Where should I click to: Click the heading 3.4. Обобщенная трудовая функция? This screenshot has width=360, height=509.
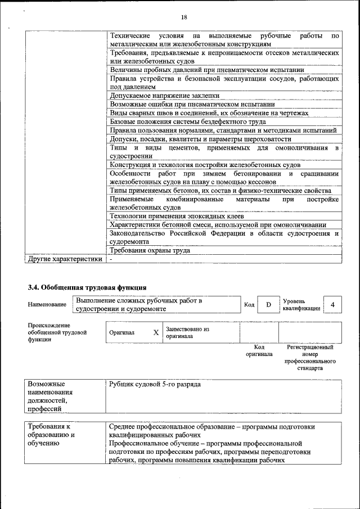(87, 287)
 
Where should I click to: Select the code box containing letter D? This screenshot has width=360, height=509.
(268, 304)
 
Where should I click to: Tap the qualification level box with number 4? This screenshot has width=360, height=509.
(332, 304)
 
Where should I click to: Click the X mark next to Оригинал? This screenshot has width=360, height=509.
(156, 332)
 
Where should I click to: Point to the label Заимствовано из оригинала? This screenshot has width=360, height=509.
(187, 332)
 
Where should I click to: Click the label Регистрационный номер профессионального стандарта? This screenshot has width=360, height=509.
(310, 358)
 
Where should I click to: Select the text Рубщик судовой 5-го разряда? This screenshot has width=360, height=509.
(155, 385)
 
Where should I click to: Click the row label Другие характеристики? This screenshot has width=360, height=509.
(65, 259)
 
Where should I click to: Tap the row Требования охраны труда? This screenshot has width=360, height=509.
(150, 251)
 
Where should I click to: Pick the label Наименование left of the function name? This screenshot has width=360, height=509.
(47, 305)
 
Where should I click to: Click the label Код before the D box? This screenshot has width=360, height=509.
(249, 305)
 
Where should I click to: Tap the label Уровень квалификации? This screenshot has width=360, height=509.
(301, 305)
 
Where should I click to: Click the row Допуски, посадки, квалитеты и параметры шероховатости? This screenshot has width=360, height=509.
(201, 139)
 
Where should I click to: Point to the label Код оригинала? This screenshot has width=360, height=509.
(259, 351)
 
